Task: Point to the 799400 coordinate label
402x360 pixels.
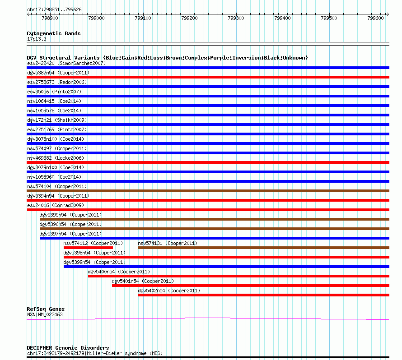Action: coord(282,18)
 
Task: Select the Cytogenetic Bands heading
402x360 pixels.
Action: coord(53,33)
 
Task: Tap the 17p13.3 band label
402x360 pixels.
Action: coord(37,39)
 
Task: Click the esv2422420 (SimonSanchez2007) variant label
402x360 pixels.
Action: coord(66,63)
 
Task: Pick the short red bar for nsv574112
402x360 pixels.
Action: coord(88,248)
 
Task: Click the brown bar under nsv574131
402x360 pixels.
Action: coord(263,248)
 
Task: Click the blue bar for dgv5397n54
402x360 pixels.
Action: coord(214,238)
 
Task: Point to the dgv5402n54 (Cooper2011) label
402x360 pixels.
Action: coord(169,291)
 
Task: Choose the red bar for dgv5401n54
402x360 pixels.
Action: coord(250,286)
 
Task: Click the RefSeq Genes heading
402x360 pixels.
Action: coord(46,309)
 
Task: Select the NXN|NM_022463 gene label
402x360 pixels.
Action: coord(45,314)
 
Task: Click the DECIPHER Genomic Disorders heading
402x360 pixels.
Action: coord(68,348)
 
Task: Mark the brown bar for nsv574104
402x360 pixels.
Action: coord(208,191)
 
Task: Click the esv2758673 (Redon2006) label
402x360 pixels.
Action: coord(57,82)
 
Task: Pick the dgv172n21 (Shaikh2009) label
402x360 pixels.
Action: coord(57,120)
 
